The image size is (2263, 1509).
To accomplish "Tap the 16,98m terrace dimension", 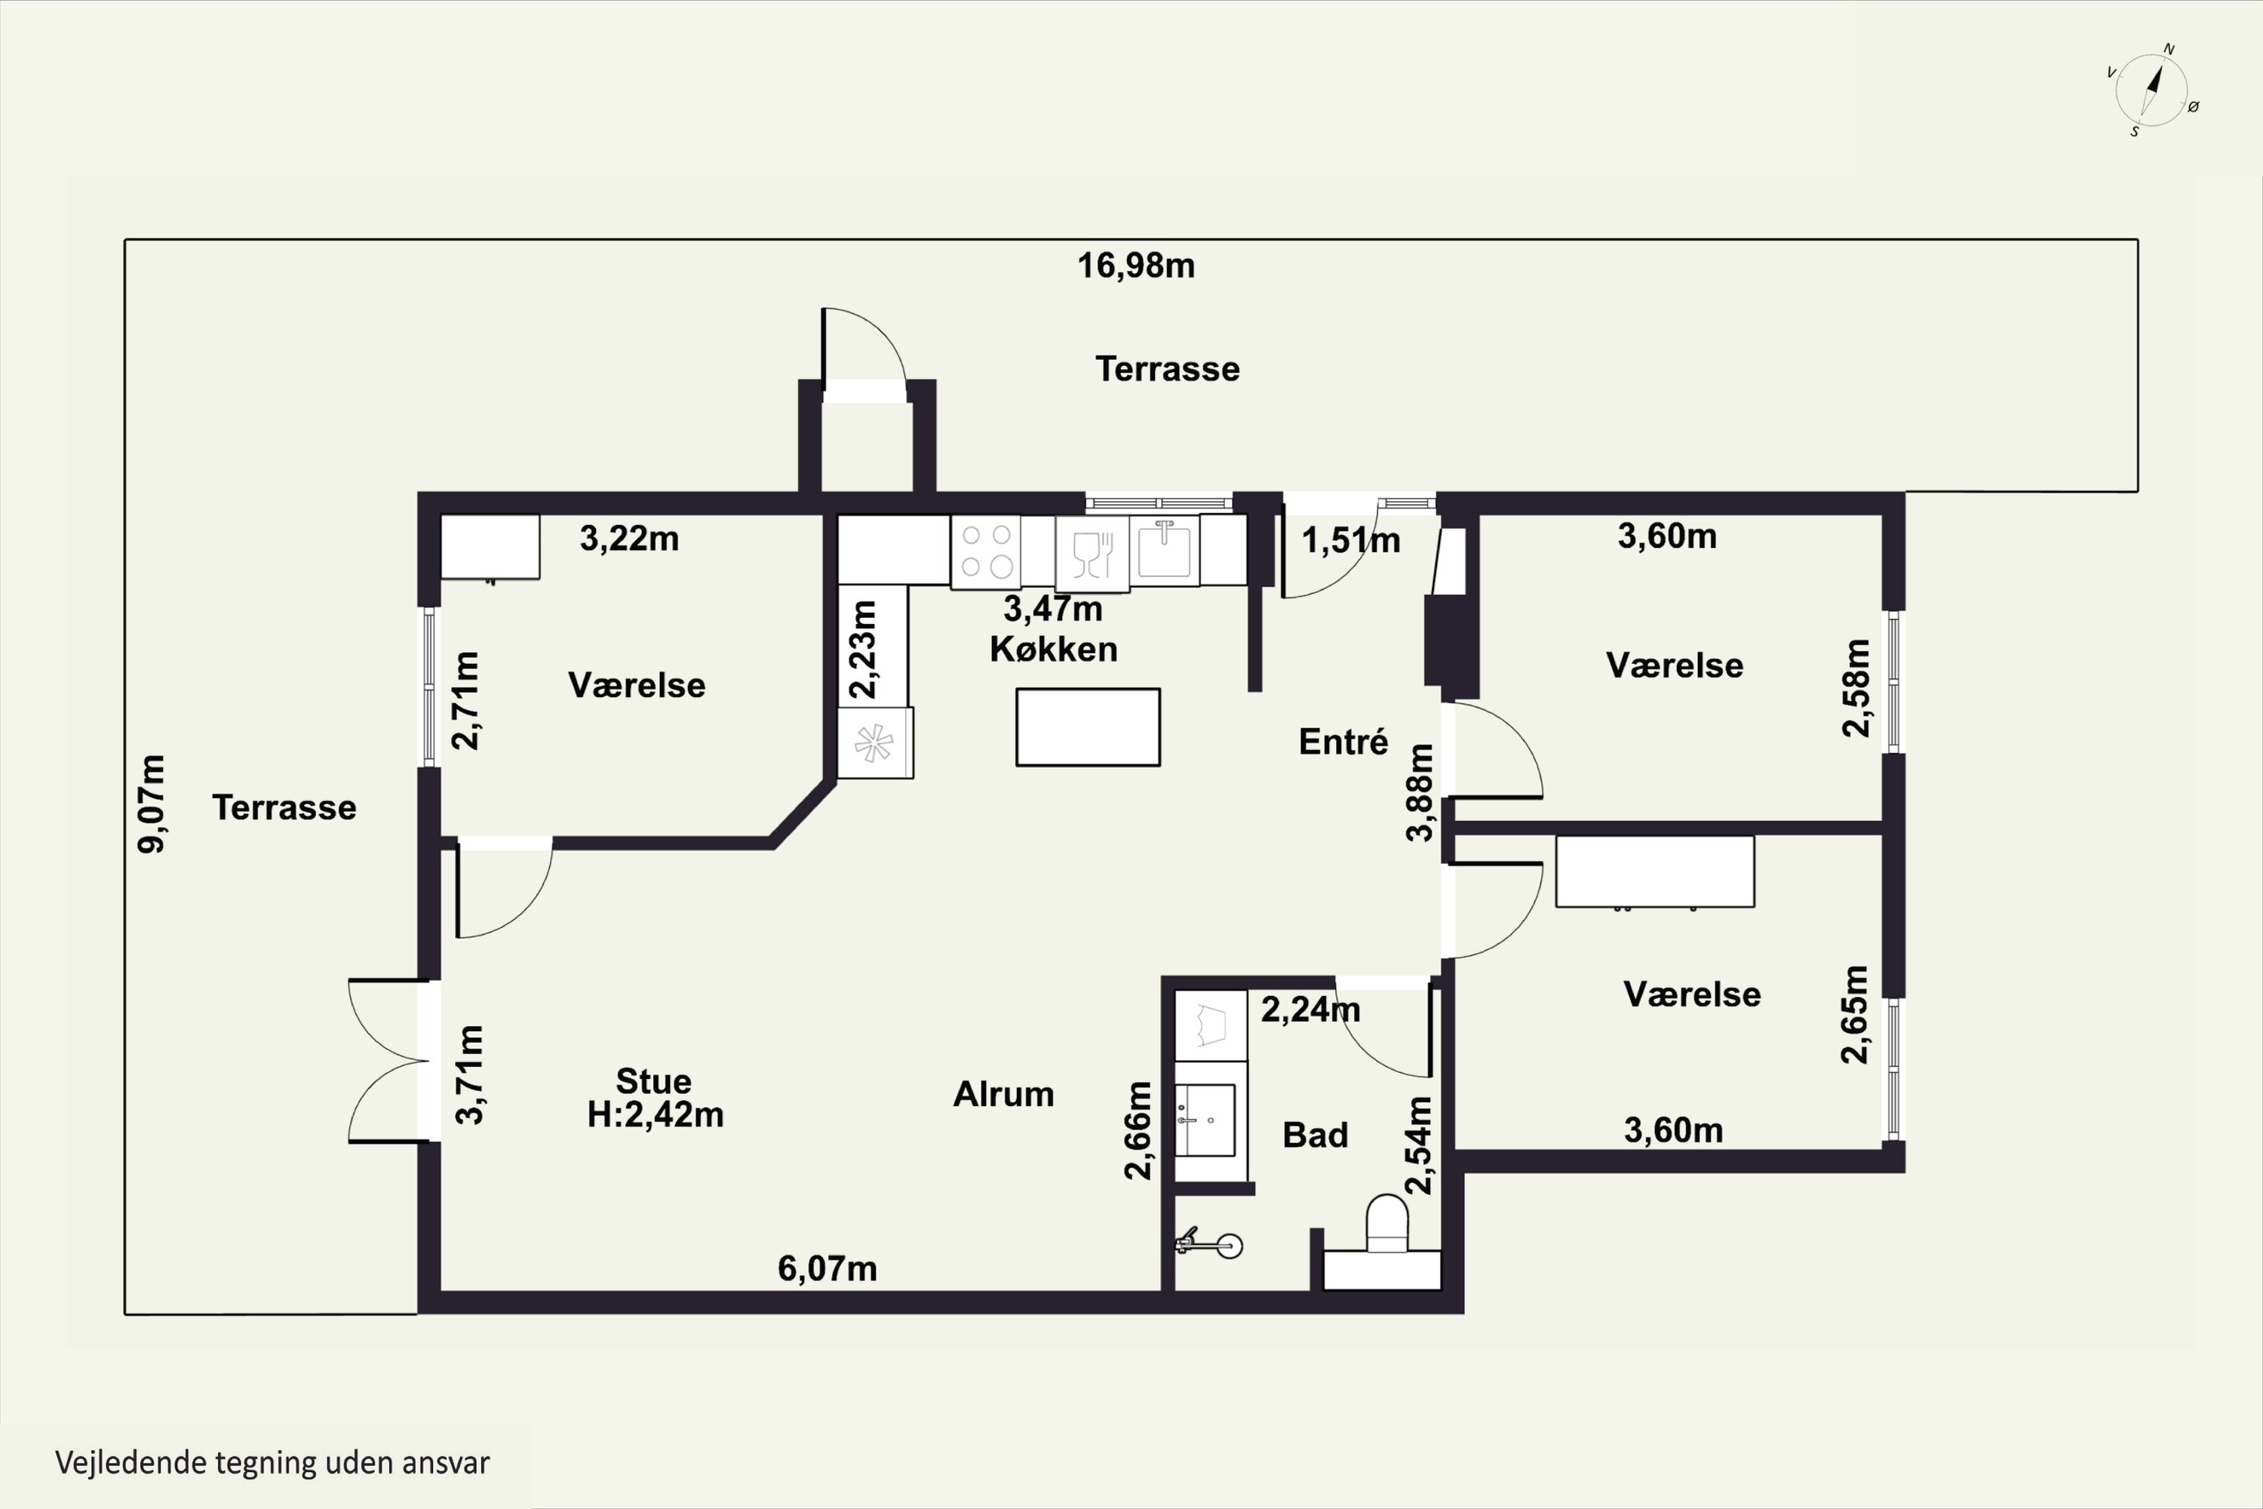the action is (x=1135, y=266).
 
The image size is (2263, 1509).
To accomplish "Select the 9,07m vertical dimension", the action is (x=152, y=804).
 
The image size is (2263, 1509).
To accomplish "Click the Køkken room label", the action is (x=1054, y=649).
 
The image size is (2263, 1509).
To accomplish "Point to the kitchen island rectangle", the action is (x=1089, y=727).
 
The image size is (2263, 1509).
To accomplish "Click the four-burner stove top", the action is (x=986, y=552).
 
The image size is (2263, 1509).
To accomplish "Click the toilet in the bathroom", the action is (x=1386, y=1223).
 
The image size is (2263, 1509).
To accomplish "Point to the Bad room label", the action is (x=1316, y=1136).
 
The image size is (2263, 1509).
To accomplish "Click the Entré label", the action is (x=1343, y=742).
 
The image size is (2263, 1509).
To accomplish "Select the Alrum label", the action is (x=1003, y=1094).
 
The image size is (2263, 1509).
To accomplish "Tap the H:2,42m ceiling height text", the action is (x=656, y=1114).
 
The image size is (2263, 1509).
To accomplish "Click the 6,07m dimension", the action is (x=828, y=1268).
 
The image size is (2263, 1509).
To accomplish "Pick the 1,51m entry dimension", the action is (x=1351, y=541).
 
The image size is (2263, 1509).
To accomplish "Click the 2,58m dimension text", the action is (x=1856, y=688).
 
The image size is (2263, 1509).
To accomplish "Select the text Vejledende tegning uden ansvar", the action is (x=272, y=1463).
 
